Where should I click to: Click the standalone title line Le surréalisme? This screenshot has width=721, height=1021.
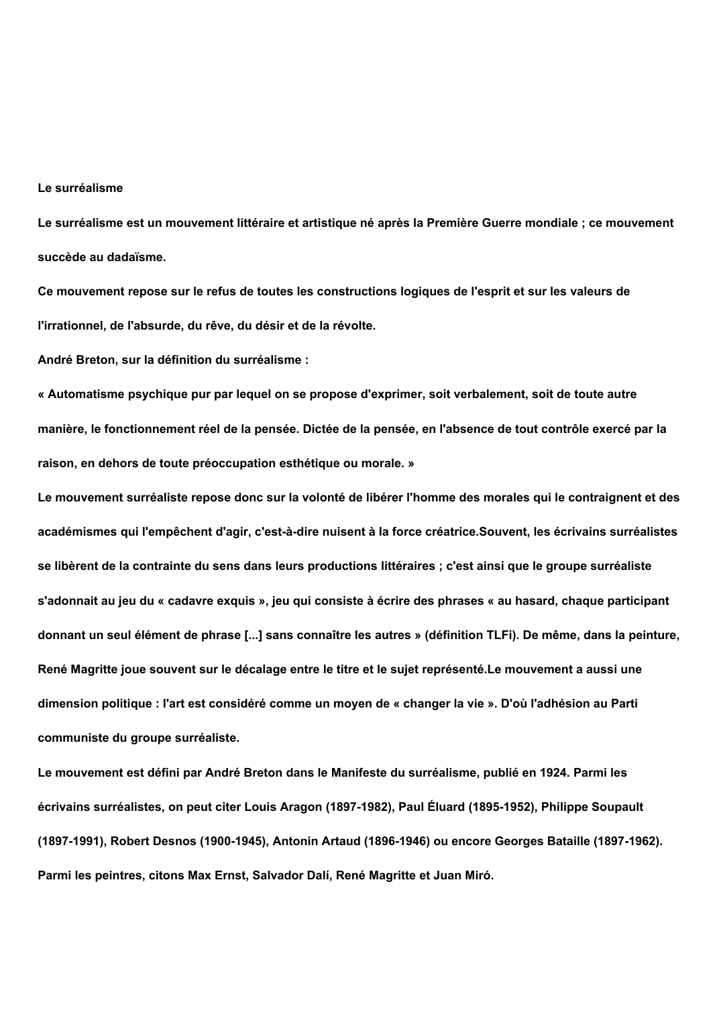pyautogui.click(x=80, y=188)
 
